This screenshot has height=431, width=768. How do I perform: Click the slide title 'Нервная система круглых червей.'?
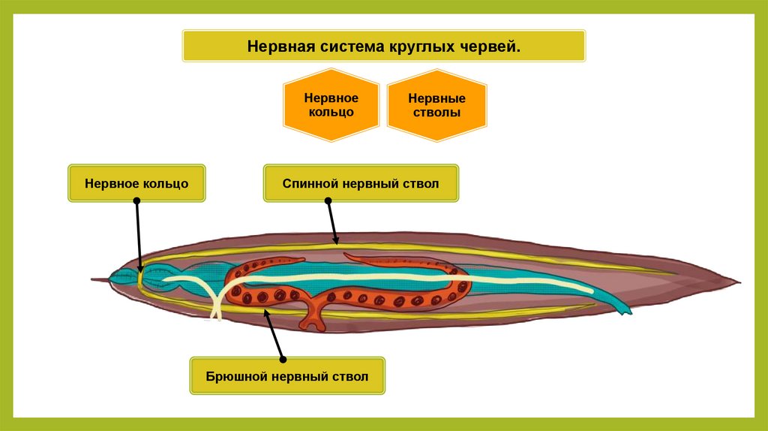click(383, 47)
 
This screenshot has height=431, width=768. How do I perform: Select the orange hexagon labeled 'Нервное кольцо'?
click(330, 105)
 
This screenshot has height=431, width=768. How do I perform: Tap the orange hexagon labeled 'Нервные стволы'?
click(436, 106)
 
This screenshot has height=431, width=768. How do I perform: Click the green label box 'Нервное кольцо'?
click(136, 182)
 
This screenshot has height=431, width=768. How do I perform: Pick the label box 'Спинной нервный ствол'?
click(360, 183)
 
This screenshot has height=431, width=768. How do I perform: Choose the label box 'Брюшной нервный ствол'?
click(288, 375)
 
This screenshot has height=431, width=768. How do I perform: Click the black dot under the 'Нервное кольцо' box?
click(136, 201)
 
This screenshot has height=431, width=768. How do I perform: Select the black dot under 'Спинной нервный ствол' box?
click(328, 201)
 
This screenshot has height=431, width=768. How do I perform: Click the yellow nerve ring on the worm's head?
click(139, 278)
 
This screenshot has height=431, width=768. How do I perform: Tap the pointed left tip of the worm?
click(94, 280)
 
